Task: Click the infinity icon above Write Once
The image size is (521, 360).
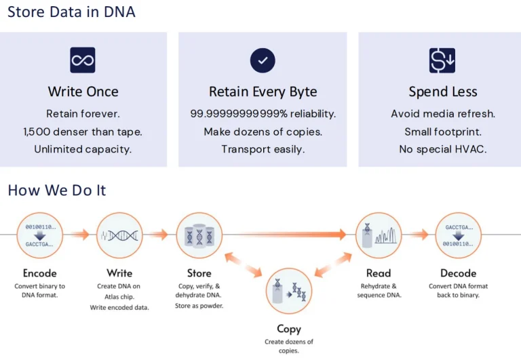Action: pos(83,60)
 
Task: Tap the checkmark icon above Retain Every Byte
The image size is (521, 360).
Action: pos(263,60)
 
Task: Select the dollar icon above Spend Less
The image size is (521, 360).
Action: pos(442,60)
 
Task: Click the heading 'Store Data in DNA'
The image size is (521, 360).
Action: pos(71,12)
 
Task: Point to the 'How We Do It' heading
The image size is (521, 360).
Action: pos(57,190)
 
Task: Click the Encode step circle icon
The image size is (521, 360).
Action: pos(40,235)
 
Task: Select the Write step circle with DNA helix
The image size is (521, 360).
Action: pos(119,235)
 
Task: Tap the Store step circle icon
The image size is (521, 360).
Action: pos(199,235)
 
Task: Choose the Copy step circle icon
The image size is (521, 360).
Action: pos(289,291)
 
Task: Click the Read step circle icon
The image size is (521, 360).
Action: pos(379,235)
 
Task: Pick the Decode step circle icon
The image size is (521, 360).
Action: pos(459,235)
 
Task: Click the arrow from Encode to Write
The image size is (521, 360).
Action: pos(80,235)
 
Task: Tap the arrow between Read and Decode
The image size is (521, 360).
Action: pos(419,235)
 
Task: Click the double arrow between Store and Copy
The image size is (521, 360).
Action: pos(244,265)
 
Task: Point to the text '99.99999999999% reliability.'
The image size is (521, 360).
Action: pos(263,113)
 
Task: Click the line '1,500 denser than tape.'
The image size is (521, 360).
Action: pos(83,132)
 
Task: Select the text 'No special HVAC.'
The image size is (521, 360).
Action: pos(442,149)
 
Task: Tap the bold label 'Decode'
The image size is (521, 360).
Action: pos(459,273)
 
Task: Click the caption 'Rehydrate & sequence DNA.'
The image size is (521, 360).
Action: pos(379,290)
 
